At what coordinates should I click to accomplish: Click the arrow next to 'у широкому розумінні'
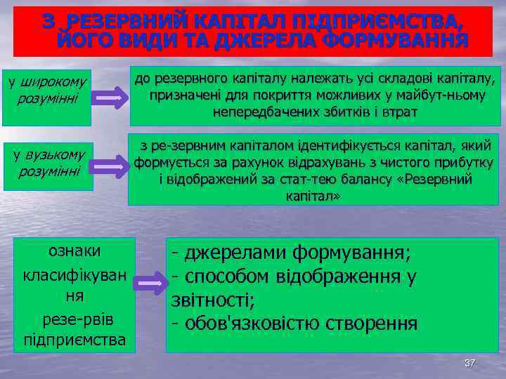(x=110, y=100)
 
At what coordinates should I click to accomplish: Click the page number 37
(x=469, y=363)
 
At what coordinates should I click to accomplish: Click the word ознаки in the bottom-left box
(x=74, y=251)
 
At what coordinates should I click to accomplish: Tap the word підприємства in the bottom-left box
(x=74, y=340)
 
